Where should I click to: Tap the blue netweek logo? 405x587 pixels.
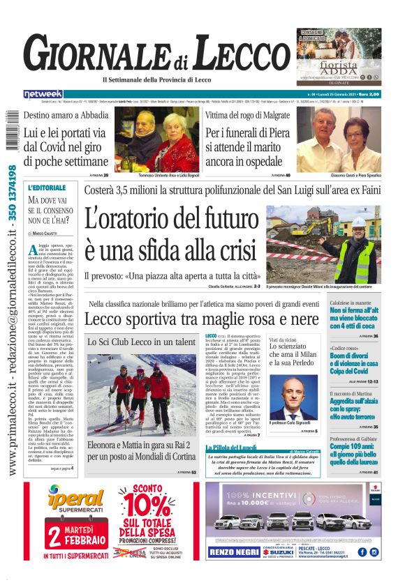[x=43, y=94]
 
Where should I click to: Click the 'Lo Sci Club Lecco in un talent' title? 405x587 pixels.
[x=141, y=342]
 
